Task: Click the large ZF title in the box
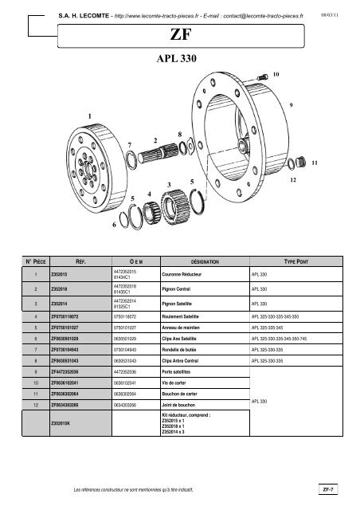[179, 36]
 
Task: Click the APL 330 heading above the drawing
[179, 59]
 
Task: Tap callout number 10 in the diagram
[276, 73]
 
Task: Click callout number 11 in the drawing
[315, 163]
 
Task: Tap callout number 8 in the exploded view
[181, 134]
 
